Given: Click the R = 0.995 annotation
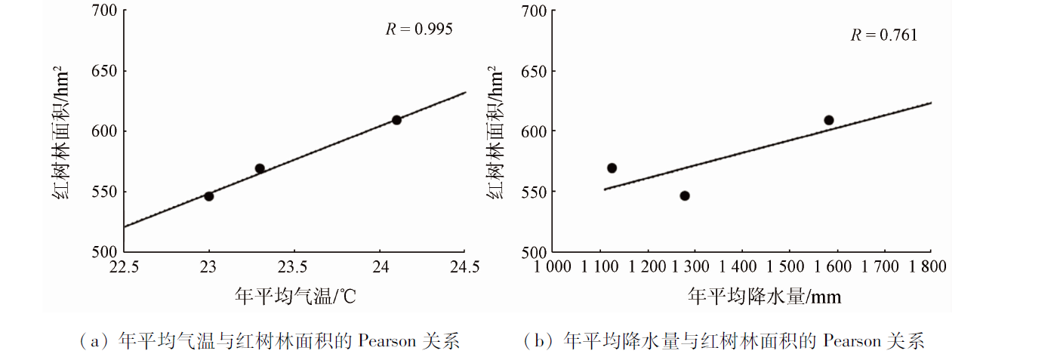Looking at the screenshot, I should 419,29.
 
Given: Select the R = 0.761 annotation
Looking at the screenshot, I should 883,35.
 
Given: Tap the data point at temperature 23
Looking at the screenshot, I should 209,196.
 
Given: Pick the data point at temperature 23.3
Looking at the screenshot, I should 260,168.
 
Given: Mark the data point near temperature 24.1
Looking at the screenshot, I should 396,120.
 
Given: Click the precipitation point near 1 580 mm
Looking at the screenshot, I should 828,120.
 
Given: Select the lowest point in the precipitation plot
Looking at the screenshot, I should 685,195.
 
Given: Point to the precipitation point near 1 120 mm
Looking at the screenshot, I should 612,168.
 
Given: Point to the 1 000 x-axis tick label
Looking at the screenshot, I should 553,266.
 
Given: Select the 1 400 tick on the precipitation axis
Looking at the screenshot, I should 741,266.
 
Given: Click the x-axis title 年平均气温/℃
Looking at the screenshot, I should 294,297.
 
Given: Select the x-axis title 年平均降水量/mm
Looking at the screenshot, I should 764,297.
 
